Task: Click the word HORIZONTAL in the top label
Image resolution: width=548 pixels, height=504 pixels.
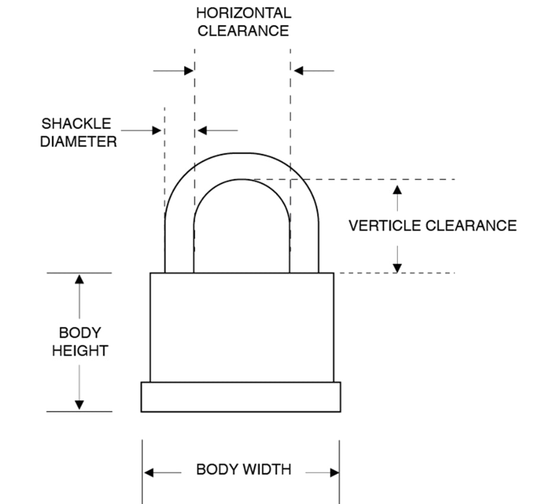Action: tap(243, 13)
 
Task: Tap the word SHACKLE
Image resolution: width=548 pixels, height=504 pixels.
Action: tap(76, 124)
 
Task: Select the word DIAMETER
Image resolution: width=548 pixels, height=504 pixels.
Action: tap(78, 142)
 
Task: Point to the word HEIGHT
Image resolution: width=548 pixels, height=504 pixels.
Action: tap(79, 350)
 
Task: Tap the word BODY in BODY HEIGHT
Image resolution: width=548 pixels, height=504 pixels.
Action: tap(79, 333)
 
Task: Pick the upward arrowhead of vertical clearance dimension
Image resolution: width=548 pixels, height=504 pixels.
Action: tap(397, 189)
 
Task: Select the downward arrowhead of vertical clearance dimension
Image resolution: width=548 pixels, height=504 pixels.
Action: tap(397, 267)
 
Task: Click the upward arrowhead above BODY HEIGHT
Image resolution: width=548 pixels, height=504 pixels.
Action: tap(79, 279)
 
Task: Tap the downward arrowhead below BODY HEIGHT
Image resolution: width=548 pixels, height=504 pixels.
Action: tap(79, 405)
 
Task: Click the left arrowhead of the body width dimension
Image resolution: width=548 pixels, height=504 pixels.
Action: tap(149, 473)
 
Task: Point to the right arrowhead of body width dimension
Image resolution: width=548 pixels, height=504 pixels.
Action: tap(334, 473)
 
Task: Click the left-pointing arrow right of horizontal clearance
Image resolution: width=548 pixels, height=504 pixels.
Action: tap(299, 71)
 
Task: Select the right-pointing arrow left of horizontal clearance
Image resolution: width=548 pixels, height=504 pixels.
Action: tap(189, 71)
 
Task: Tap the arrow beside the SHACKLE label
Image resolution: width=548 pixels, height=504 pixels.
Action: tap(157, 130)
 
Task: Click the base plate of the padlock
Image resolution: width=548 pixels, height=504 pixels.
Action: tap(240, 397)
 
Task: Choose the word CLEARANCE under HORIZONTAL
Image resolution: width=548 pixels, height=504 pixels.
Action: tap(243, 31)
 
